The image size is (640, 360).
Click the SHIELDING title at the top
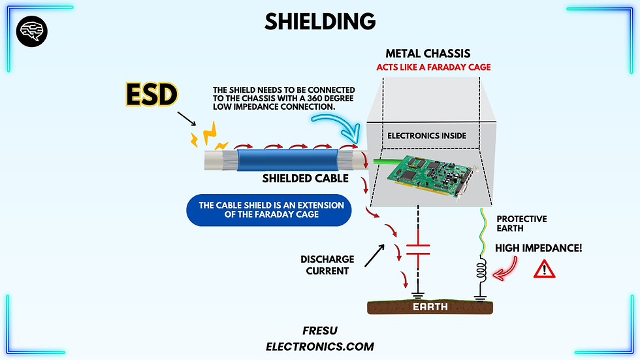[320, 22]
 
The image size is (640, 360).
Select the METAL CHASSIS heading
[428, 54]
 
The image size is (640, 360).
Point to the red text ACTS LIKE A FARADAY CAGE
[433, 67]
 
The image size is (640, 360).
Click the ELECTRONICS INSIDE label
[428, 137]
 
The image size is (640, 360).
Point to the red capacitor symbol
[418, 249]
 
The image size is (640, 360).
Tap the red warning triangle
[544, 269]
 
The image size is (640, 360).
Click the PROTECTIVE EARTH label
[522, 223]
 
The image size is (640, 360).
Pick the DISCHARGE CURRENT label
[327, 265]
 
